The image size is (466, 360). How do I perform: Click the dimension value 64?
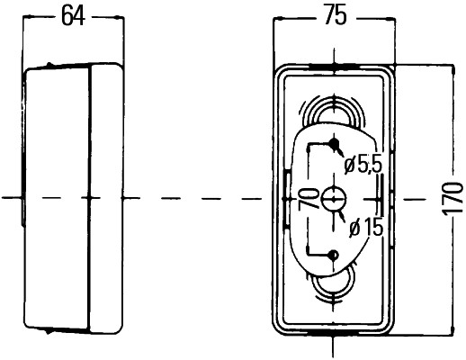click(x=73, y=15)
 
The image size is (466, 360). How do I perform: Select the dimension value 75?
click(x=336, y=15)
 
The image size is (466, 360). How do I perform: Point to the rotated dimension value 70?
click(x=309, y=198)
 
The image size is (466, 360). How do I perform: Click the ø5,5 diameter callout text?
click(x=363, y=165)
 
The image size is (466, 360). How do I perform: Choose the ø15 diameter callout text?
click(x=366, y=227)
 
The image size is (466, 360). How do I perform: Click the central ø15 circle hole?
click(x=334, y=199)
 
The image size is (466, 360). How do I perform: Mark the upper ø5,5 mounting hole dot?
click(x=334, y=143)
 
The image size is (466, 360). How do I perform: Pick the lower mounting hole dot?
click(x=334, y=256)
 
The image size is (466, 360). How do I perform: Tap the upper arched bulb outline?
click(x=334, y=99)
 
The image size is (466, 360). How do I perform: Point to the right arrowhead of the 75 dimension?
click(x=390, y=19)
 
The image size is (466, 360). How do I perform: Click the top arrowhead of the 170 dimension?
click(x=453, y=70)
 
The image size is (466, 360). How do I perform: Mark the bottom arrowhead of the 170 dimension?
click(x=453, y=329)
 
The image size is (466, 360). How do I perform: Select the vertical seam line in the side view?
click(x=89, y=199)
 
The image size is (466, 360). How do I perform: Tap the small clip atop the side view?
click(x=49, y=65)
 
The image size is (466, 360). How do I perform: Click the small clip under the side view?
click(x=48, y=331)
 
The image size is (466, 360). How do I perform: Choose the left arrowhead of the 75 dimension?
click(x=278, y=20)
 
